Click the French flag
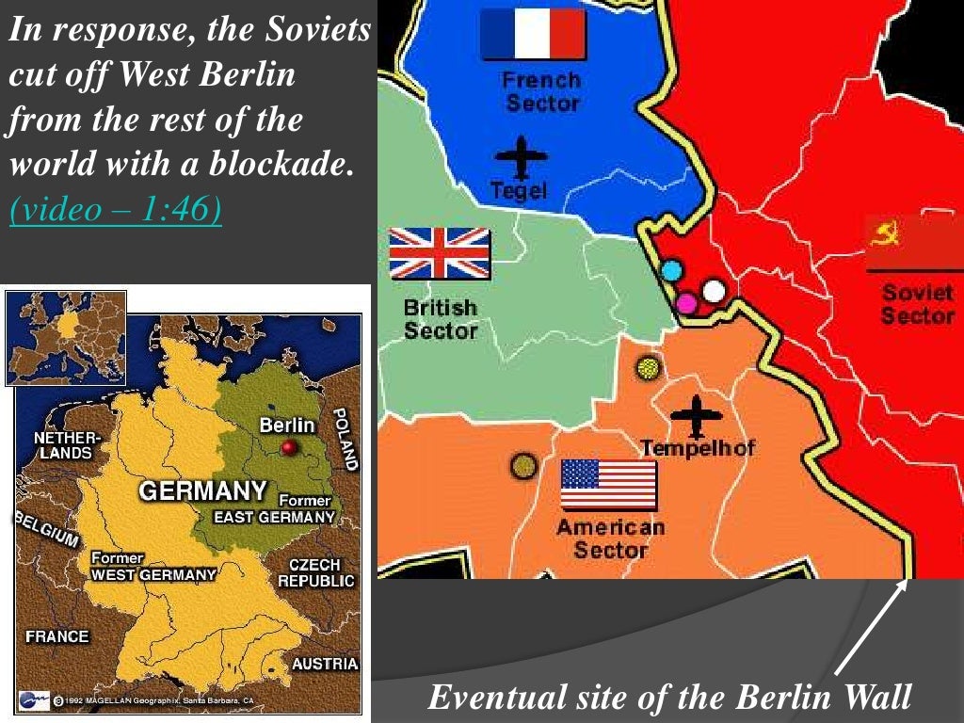(533, 35)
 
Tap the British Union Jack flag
(440, 253)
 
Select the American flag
(608, 484)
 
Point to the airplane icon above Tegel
(521, 155)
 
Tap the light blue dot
(671, 271)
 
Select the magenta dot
(687, 302)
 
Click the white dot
(715, 291)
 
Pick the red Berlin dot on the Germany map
(289, 447)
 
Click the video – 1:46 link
(116, 210)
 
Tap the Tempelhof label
(698, 448)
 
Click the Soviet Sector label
(917, 303)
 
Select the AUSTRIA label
(324, 664)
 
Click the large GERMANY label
(201, 490)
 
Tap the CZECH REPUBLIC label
(315, 572)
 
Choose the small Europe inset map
(66, 337)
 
